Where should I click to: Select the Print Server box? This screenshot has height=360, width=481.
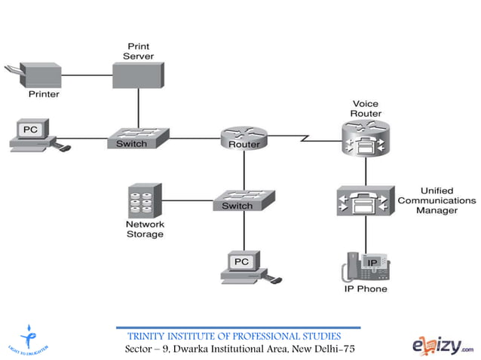[x=138, y=75]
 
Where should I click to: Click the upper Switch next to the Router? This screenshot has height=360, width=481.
[x=137, y=139]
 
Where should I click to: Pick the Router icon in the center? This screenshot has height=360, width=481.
[x=244, y=139]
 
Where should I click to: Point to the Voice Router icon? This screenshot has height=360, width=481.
[x=366, y=139]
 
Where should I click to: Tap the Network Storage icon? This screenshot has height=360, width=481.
[x=144, y=200]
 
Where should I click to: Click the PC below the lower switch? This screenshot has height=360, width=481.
[x=244, y=266]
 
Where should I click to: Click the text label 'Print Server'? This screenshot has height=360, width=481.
[x=138, y=51]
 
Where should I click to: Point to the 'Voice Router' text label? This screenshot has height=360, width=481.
[x=366, y=108]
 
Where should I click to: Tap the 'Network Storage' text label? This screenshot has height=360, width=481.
[x=144, y=229]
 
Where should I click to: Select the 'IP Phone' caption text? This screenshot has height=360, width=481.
[x=366, y=289]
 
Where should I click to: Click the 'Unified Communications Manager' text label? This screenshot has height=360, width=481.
[x=437, y=201]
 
